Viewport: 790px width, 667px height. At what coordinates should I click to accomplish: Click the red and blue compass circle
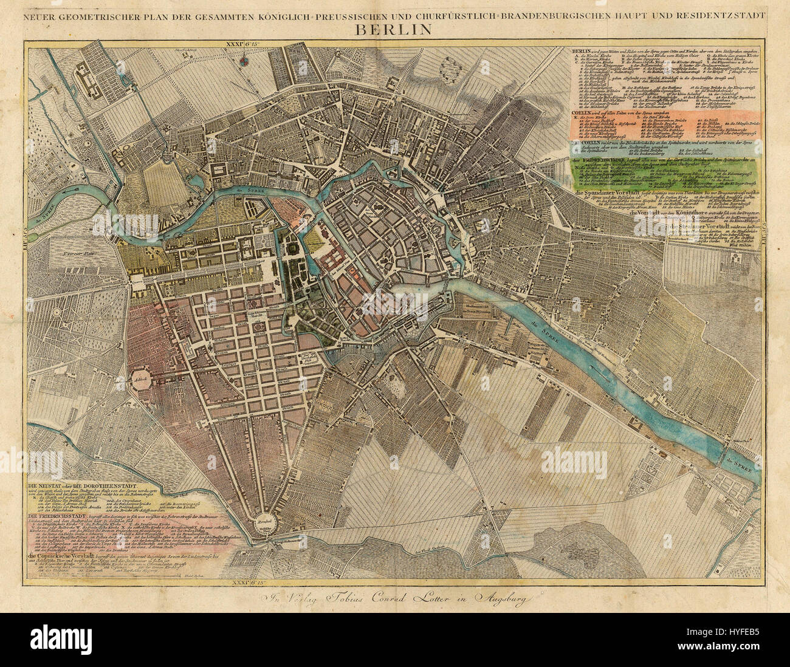click(x=244, y=61)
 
